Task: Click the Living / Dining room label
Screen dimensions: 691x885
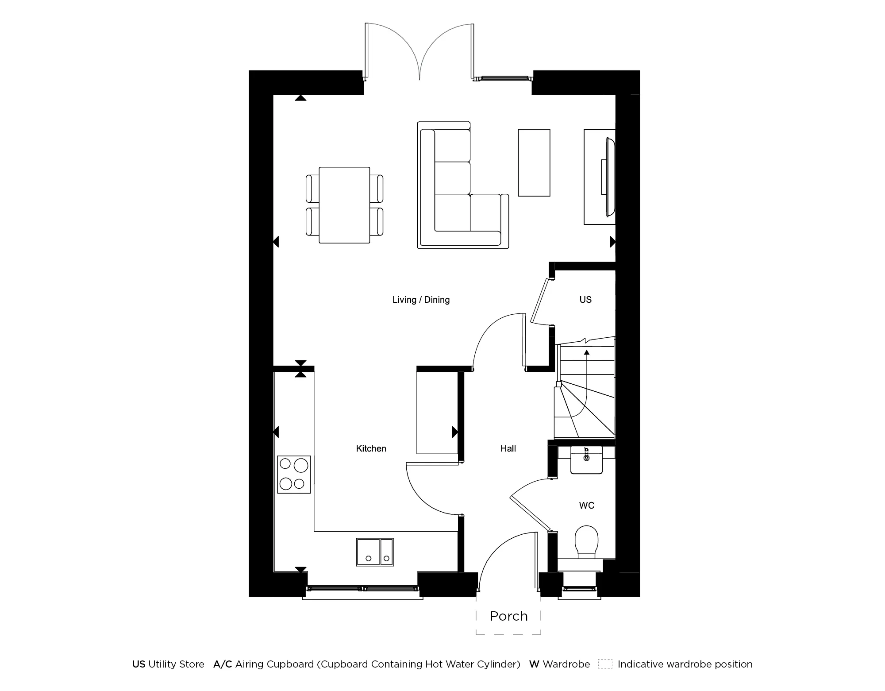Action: tap(421, 300)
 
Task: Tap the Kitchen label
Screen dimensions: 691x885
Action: tap(371, 448)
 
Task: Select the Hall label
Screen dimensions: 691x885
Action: tap(508, 448)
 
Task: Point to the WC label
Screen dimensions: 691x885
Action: tap(586, 506)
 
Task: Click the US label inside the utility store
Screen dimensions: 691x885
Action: tap(585, 300)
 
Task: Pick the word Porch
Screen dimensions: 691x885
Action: tap(508, 616)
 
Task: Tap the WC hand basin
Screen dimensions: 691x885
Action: tap(586, 460)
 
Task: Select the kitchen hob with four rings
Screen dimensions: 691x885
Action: tap(294, 475)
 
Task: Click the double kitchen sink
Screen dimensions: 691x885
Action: tap(375, 552)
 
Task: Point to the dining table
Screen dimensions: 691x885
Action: tap(344, 205)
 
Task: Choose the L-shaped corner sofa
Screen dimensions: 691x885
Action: tap(456, 199)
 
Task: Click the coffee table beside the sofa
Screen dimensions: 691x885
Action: tap(534, 162)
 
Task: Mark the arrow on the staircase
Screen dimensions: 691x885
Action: tap(587, 353)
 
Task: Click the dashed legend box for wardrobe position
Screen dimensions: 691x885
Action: tap(605, 664)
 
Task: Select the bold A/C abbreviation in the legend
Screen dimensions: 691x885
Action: tap(223, 664)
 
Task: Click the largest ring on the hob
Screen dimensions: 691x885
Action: tap(301, 465)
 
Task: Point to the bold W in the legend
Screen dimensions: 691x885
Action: tap(534, 664)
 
